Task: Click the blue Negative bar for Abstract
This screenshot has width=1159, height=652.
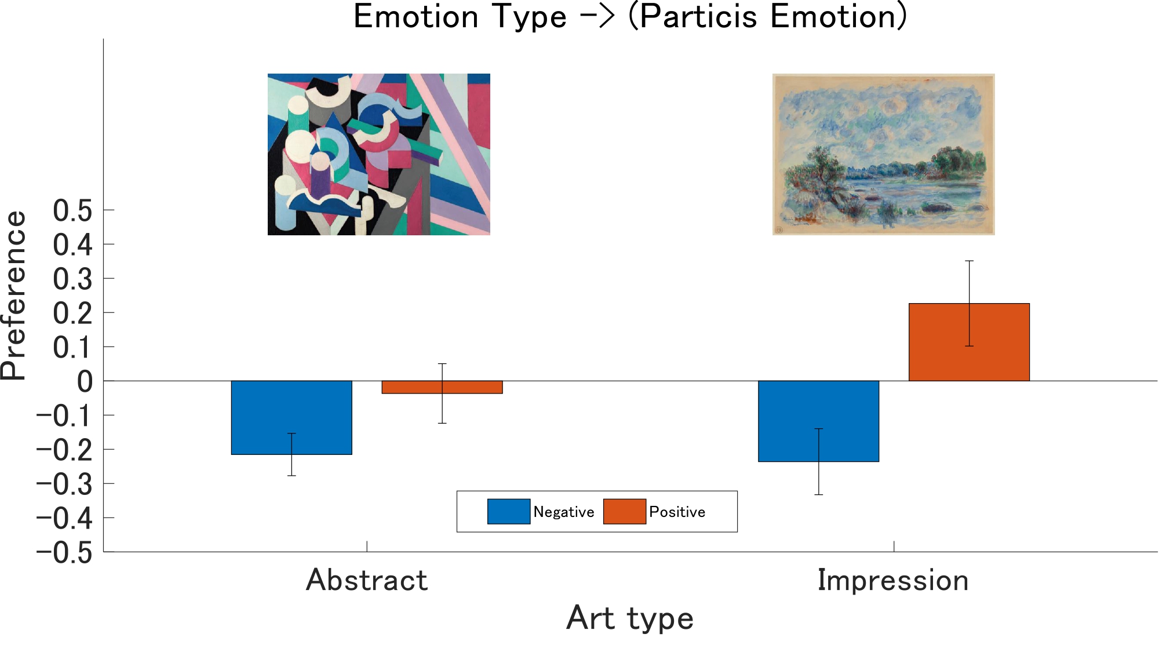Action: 291,417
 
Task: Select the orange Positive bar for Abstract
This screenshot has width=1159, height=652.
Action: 442,387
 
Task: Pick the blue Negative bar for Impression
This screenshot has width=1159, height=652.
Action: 818,421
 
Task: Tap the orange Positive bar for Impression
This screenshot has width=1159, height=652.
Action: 969,342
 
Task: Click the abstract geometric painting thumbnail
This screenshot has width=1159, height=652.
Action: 379,154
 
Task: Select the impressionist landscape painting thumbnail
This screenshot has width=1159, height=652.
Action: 884,154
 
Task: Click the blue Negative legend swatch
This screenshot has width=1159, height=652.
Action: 509,511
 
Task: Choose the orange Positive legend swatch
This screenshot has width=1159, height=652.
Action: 625,511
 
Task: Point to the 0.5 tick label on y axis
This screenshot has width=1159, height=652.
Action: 72,210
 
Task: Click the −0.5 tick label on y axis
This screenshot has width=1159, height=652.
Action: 64,552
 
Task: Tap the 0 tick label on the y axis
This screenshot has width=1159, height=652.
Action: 85,381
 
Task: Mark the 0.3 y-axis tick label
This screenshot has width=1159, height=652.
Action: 72,279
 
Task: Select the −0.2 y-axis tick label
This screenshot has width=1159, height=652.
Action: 64,450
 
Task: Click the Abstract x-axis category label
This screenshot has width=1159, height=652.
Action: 367,580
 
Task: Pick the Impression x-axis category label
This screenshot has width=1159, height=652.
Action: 893,580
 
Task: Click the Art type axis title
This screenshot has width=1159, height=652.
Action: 630,618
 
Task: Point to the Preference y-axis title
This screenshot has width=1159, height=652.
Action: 14,295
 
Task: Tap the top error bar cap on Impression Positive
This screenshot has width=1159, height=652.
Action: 969,261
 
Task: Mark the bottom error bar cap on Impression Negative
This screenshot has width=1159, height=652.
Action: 818,494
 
